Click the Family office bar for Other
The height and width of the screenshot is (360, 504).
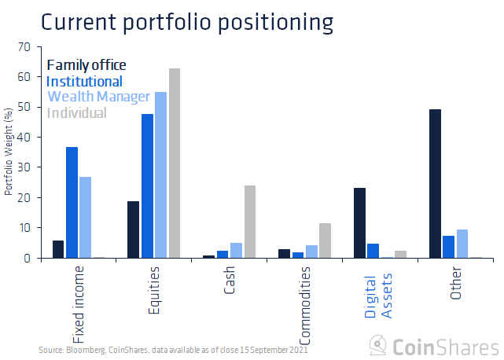tap(435, 183)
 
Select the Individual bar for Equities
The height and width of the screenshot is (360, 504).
tap(175, 163)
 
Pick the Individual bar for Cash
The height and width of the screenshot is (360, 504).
tap(250, 222)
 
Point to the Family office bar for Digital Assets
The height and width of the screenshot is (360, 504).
tap(359, 222)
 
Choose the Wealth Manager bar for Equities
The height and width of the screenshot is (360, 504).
tap(160, 175)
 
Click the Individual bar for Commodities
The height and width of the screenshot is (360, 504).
tap(326, 241)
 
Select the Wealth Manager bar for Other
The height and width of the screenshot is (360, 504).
tap(462, 244)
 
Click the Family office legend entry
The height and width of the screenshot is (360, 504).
tap(86, 64)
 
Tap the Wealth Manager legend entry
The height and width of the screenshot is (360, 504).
tap(98, 97)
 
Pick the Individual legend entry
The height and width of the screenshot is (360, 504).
tap(77, 112)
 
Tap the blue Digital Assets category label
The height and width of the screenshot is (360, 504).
tap(377, 291)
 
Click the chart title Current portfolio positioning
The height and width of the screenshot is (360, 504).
tap(186, 21)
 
